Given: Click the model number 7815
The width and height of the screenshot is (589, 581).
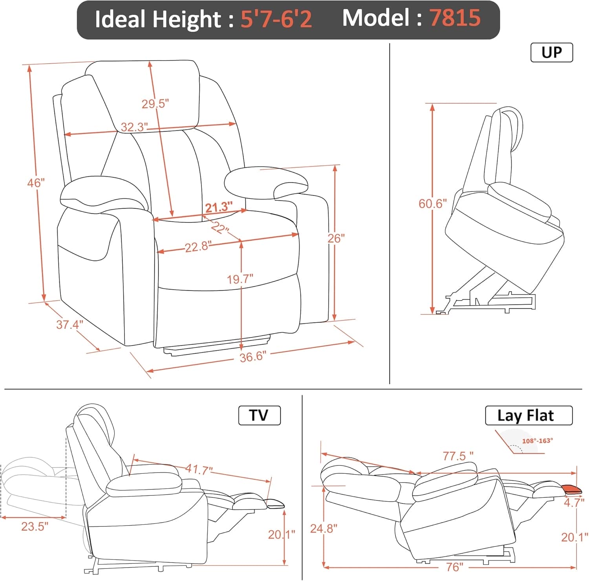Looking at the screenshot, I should click(x=455, y=18).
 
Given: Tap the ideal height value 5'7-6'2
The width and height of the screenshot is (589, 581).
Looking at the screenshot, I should click(x=276, y=19).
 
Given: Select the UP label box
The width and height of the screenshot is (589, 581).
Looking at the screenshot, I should click(x=551, y=53).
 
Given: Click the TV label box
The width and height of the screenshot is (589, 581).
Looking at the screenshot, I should click(x=259, y=416).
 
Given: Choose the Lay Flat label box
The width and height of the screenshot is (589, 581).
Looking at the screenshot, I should click(x=529, y=416).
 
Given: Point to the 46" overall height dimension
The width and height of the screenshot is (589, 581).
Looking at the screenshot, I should click(x=36, y=183).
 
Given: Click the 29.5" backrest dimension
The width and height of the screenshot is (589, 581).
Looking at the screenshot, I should click(x=155, y=104).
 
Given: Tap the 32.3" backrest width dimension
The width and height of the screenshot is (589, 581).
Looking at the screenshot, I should click(x=134, y=127).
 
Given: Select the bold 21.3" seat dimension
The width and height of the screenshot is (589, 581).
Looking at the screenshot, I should click(x=219, y=207).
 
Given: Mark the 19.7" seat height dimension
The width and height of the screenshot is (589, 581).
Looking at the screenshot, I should click(x=240, y=279).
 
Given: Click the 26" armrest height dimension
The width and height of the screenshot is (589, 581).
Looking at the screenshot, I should click(x=336, y=238).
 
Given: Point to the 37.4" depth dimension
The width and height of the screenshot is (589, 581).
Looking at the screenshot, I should click(x=70, y=325).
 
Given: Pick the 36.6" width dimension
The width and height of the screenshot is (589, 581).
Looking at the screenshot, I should click(x=253, y=357).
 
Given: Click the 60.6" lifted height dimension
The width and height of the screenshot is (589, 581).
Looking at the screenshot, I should click(x=432, y=203).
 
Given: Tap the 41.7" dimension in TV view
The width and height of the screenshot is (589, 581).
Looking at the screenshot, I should click(x=199, y=469).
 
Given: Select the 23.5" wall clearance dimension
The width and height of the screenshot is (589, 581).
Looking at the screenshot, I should click(x=35, y=526).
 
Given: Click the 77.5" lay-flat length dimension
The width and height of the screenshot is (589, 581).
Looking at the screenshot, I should click(x=458, y=456).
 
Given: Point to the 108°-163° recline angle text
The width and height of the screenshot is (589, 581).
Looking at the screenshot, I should click(x=537, y=441).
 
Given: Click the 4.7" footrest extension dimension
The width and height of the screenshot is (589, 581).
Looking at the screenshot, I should click(x=574, y=502).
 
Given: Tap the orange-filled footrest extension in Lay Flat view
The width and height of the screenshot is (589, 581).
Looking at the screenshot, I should click(x=571, y=489).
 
